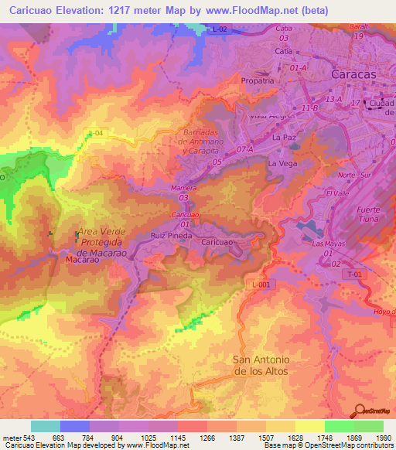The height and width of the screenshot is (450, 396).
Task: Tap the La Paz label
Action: coord(285,137)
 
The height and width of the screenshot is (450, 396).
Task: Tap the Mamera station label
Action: coord(183,188)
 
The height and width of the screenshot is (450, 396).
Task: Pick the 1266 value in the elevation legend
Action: coord(207,438)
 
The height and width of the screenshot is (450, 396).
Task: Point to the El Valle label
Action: coord(338,193)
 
